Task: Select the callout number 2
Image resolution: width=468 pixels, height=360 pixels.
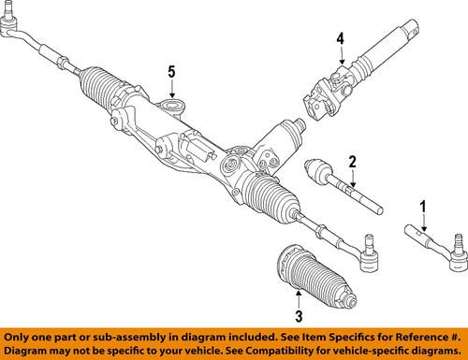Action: (x=353, y=162)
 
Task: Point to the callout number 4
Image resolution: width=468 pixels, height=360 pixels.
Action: (x=342, y=38)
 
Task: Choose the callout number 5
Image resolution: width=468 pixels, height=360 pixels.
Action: (x=171, y=71)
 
